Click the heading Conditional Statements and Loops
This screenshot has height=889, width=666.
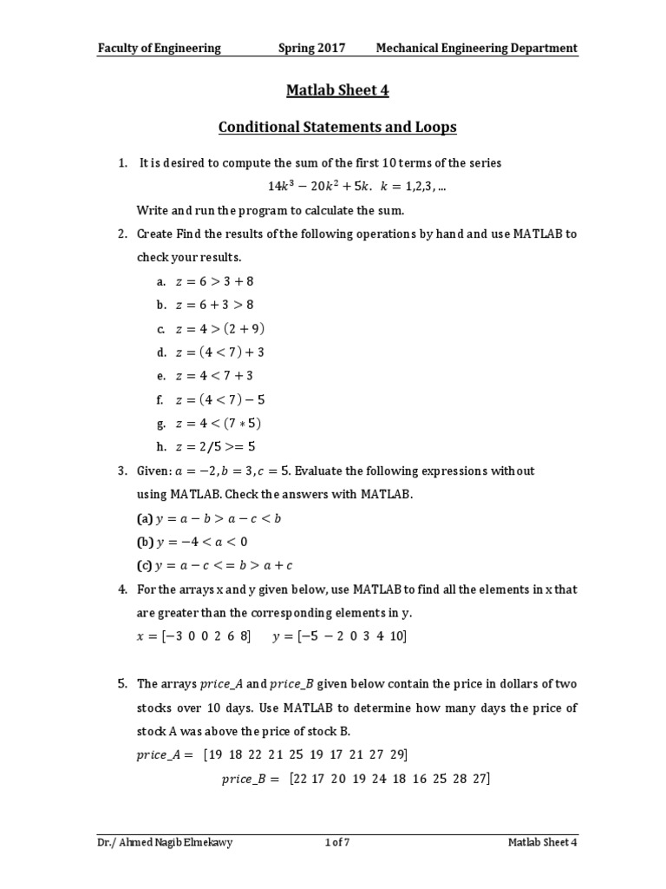336,128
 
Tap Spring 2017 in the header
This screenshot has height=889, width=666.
311,48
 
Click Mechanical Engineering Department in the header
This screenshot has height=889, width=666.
476,48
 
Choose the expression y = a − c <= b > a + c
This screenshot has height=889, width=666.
225,565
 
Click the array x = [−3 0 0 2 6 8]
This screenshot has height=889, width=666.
194,636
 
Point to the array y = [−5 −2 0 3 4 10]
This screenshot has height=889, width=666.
339,636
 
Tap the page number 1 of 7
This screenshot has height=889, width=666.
336,842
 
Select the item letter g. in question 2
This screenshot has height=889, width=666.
160,424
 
